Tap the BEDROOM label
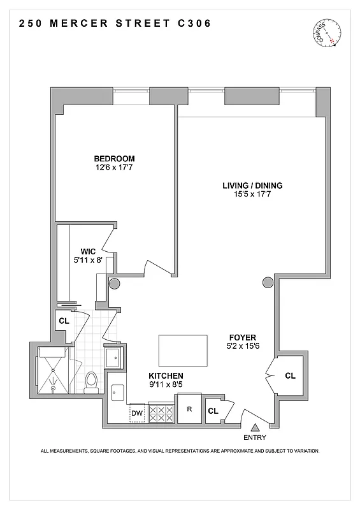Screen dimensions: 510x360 [x=115, y=159]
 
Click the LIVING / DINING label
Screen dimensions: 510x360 [x=252, y=186]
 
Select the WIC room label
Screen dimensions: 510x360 [x=88, y=251]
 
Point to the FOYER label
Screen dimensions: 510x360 [x=243, y=336]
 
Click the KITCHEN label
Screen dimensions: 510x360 [x=166, y=376]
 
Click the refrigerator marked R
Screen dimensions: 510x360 [x=189, y=410]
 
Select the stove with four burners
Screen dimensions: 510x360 [x=161, y=413]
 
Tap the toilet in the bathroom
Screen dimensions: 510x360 [x=90, y=381]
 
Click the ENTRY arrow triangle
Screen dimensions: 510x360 [x=256, y=428]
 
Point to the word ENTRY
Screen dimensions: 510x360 [x=256, y=438]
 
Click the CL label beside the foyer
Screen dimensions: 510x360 [x=290, y=376]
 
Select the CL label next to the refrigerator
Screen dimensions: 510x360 [x=213, y=411]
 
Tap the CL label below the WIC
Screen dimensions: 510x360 [x=64, y=321]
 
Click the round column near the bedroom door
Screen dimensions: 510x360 [x=115, y=284]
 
